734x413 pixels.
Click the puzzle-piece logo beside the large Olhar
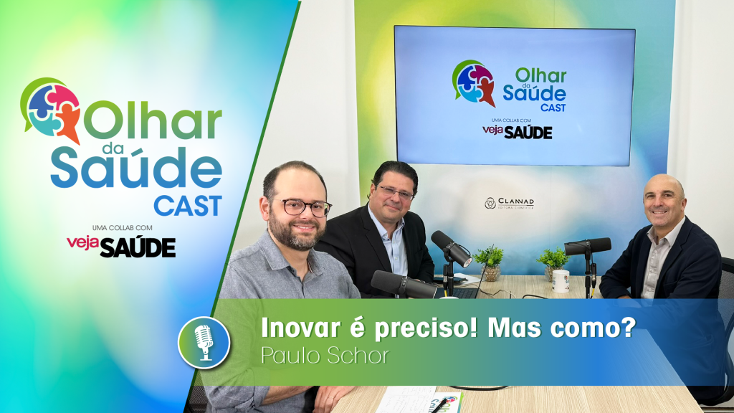click(x=52, y=108)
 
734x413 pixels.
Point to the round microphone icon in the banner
click(x=204, y=342)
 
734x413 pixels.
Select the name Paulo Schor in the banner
click(x=325, y=356)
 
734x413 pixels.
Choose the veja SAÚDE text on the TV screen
click(x=517, y=132)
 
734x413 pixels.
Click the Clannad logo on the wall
click(x=508, y=203)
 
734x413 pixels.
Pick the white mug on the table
click(x=561, y=280)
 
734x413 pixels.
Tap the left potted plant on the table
click(x=490, y=262)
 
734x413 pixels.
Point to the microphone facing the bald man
click(x=587, y=247)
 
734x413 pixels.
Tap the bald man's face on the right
click(x=664, y=202)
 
